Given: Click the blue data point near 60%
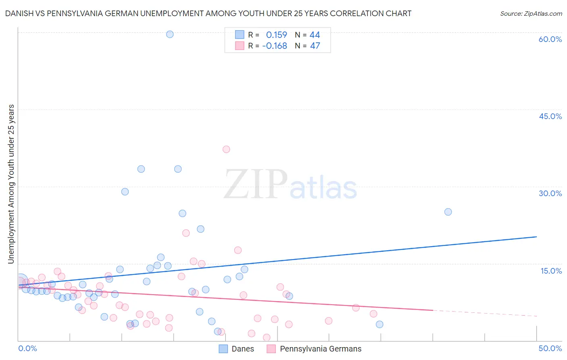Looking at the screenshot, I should [x=170, y=34].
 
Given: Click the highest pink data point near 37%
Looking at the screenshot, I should [x=226, y=149].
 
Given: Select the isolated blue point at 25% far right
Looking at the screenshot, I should [x=448, y=212].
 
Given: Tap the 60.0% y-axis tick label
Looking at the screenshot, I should [x=550, y=39].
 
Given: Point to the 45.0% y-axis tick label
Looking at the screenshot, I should [x=550, y=116].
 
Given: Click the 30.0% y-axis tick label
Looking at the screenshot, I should [x=550, y=193].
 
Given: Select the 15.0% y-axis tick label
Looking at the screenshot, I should [x=551, y=271].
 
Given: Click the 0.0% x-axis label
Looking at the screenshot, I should [x=28, y=348].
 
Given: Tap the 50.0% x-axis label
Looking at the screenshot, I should [x=550, y=348].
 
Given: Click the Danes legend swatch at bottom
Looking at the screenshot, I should [x=223, y=349].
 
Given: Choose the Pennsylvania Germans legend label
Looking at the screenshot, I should [x=321, y=349].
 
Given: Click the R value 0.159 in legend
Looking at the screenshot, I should [x=277, y=35].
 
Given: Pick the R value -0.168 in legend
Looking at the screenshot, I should [x=275, y=46].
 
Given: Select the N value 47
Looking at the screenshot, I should [x=315, y=46].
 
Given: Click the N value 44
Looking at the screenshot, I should [x=315, y=35].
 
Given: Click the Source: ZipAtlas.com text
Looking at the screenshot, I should [x=531, y=14].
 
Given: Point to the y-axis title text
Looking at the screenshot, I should [x=11, y=184].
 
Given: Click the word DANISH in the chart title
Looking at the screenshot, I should [x=18, y=14].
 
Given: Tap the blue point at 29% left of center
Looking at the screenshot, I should [x=125, y=192].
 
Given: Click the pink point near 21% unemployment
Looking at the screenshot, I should [x=186, y=233].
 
